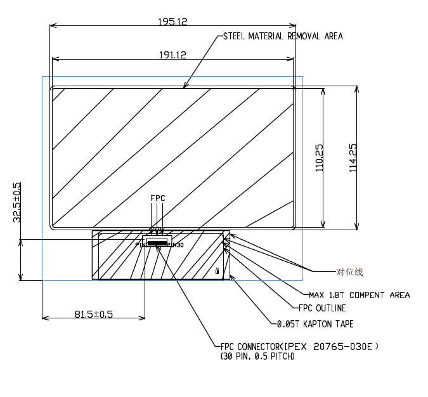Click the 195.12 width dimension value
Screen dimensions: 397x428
(172, 22)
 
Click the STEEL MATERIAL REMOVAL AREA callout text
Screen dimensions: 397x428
(283, 36)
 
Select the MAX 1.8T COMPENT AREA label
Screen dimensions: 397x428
(359, 295)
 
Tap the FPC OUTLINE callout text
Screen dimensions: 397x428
(321, 308)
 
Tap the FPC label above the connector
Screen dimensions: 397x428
(157, 198)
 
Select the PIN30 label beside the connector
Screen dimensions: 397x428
(176, 245)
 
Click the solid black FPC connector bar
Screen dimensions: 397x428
(157, 243)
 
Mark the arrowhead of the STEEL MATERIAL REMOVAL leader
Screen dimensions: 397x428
(184, 86)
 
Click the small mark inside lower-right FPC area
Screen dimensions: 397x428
(217, 271)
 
